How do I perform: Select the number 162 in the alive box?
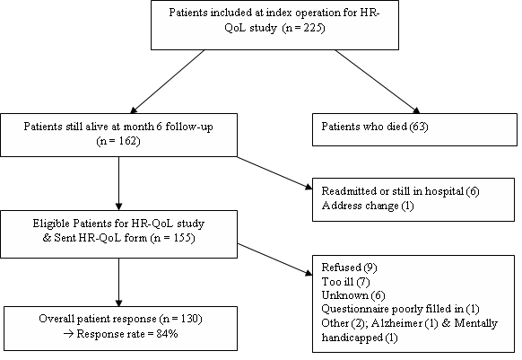tap(127, 141)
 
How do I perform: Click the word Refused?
tap(342, 268)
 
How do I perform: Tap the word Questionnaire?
tap(356, 309)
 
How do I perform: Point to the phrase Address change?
tap(361, 206)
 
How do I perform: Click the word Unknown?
tap(345, 295)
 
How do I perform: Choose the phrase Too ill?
tap(337, 282)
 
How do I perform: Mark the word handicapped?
tap(352, 338)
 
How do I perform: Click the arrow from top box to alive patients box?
tap(167, 82)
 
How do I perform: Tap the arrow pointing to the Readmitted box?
tap(275, 173)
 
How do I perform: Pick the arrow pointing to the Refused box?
tap(275, 259)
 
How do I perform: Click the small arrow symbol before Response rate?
tap(68, 334)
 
